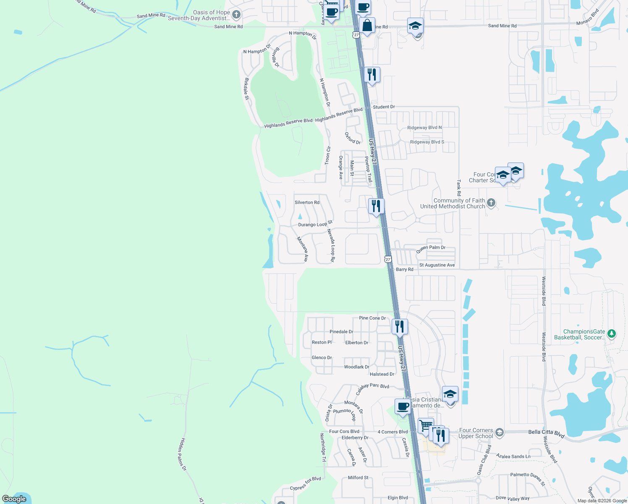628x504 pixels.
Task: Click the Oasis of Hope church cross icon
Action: tap(236, 15)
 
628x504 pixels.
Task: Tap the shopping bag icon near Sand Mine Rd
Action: tap(367, 26)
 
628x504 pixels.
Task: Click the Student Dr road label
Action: tap(384, 107)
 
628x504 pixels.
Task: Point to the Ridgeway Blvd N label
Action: tap(424, 128)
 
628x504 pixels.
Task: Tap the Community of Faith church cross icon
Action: tap(491, 203)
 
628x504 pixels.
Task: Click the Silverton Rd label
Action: tap(307, 202)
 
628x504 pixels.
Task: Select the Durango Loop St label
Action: tap(315, 224)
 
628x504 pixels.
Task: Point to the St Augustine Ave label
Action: tap(437, 265)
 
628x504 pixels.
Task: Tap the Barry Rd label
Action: tap(405, 269)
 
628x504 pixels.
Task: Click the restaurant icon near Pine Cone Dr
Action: tap(399, 326)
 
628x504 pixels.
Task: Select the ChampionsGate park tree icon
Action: tap(612, 334)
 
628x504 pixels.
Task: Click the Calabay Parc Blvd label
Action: tap(372, 389)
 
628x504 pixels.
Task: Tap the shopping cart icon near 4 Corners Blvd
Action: tap(426, 425)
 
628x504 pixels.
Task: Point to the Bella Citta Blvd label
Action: tap(546, 433)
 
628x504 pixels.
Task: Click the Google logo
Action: tap(14, 499)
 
